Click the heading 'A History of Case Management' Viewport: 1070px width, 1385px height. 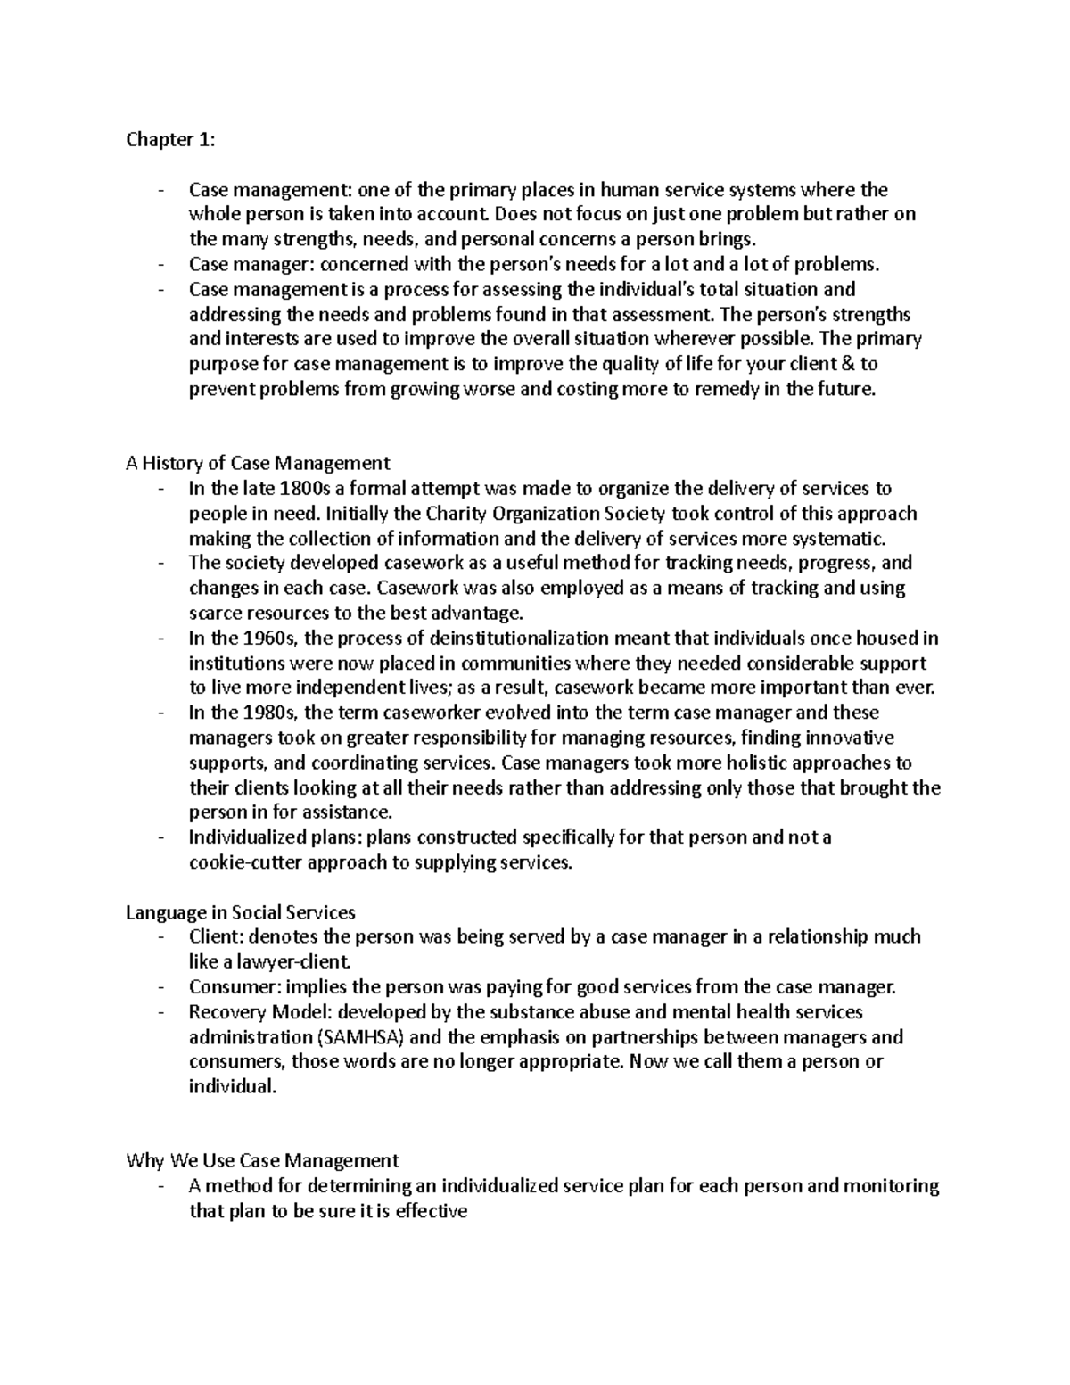coord(258,463)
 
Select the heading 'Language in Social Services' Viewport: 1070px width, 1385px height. coord(241,912)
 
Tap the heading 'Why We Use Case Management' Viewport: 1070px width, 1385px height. coord(262,1161)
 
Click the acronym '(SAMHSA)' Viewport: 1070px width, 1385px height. coord(360,1037)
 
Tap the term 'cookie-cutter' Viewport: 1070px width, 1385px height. coord(242,863)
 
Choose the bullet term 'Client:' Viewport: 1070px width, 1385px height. coord(216,937)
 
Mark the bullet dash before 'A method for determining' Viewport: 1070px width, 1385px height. coord(160,1186)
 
